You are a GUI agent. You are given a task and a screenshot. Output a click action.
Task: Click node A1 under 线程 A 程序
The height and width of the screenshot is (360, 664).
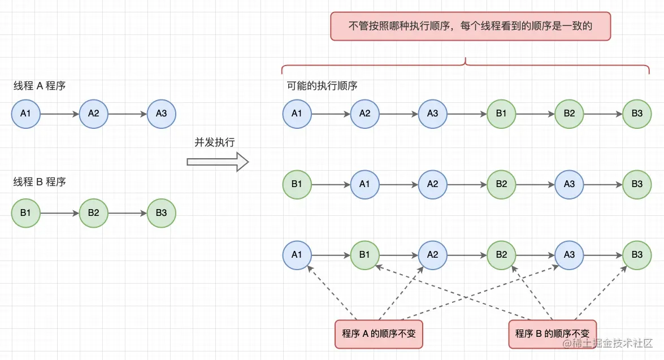pyautogui.click(x=26, y=114)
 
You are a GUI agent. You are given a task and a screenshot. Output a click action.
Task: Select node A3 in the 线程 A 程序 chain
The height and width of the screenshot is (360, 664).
pyautogui.click(x=162, y=114)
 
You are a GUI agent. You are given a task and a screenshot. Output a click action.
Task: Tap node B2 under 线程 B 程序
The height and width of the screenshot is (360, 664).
pyautogui.click(x=94, y=213)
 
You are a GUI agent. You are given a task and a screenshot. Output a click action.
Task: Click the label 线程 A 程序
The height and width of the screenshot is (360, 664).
pyautogui.click(x=40, y=86)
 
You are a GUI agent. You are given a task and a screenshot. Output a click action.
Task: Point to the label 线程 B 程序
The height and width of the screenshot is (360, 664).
pyautogui.click(x=40, y=182)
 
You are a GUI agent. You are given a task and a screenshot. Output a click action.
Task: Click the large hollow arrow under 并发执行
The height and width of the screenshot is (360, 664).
pyautogui.click(x=218, y=162)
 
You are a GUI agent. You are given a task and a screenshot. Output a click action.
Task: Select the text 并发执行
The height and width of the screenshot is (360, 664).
pyautogui.click(x=215, y=142)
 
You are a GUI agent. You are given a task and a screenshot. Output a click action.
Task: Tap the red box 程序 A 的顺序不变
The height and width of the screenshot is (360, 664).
pyautogui.click(x=379, y=333)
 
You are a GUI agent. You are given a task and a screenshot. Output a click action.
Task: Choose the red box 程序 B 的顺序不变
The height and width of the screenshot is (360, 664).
pyautogui.click(x=552, y=333)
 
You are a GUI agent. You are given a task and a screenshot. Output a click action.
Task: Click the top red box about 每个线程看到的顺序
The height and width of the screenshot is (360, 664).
pyautogui.click(x=470, y=26)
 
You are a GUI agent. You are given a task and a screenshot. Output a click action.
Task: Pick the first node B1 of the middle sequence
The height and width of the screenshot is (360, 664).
pyautogui.click(x=297, y=185)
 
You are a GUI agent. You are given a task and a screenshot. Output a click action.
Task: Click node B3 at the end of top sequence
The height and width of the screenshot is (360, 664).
pyautogui.click(x=637, y=114)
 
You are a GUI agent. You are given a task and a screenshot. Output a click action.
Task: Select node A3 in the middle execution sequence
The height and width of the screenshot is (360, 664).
pyautogui.click(x=569, y=185)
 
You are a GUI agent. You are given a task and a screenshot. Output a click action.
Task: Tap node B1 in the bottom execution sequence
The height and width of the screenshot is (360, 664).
pyautogui.click(x=365, y=255)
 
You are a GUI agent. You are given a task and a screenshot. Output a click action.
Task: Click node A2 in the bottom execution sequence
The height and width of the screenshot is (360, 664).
pyautogui.click(x=433, y=255)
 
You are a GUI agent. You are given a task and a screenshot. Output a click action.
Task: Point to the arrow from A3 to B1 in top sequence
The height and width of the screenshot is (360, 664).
pyautogui.click(x=467, y=114)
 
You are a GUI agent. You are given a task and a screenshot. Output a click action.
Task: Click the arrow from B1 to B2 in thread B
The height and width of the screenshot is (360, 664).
pyautogui.click(x=60, y=213)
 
